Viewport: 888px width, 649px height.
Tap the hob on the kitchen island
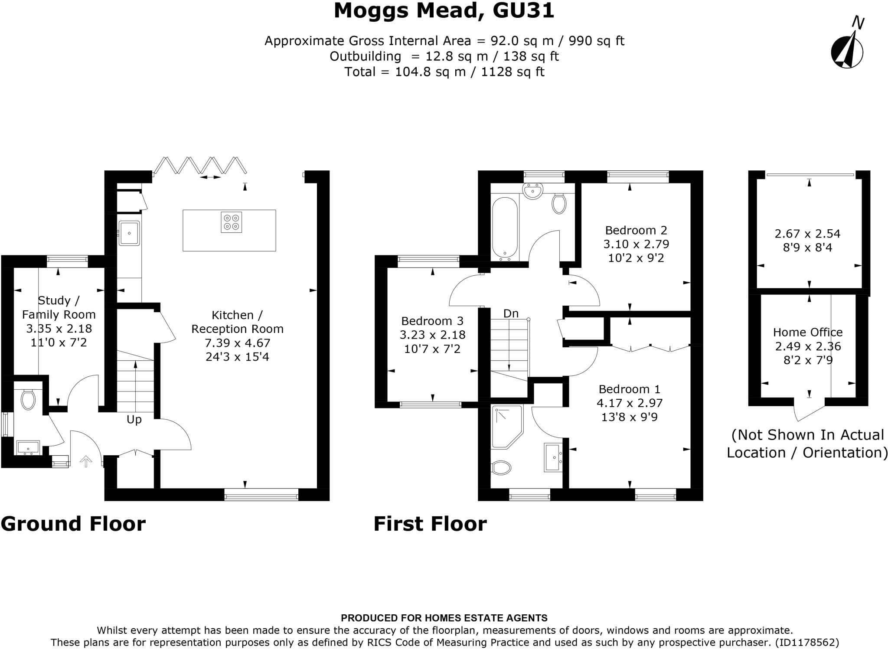pos(231,222)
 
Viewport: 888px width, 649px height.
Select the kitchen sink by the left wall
pos(129,233)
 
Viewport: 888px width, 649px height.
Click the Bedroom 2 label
pos(636,230)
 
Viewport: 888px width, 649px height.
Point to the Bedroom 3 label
pos(432,321)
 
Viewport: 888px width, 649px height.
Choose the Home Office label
pos(808,332)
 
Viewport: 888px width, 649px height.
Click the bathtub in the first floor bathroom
pos(505,228)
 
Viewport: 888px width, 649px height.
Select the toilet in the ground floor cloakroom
pos(28,399)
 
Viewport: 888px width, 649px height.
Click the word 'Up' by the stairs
pos(134,420)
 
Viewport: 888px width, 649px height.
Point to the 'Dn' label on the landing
pos(511,313)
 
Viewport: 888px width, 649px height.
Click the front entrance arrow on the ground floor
pos(86,461)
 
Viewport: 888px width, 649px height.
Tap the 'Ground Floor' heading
pos(73,524)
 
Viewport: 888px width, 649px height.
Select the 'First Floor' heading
pos(430,524)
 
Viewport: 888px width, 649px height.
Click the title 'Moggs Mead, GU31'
pos(444,10)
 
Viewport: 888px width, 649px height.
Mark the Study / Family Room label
pos(59,307)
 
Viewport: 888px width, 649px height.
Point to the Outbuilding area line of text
pos(444,56)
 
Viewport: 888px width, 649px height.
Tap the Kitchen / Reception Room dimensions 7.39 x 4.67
pos(237,343)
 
